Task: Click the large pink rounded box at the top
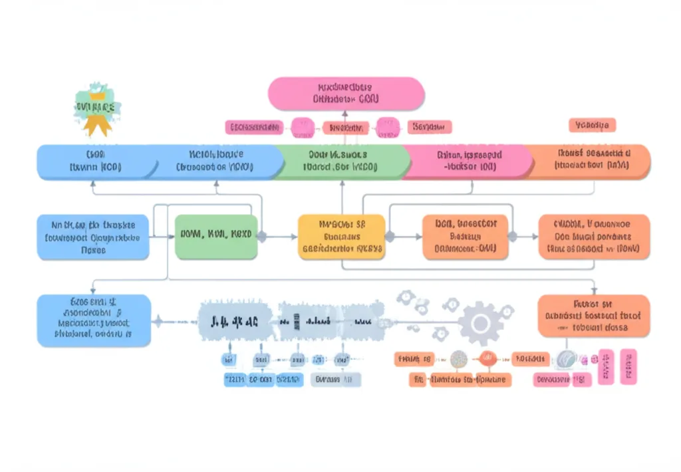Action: pos(346,94)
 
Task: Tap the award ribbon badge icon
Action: pos(97,110)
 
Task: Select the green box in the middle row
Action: pos(216,237)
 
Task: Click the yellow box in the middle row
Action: pos(341,237)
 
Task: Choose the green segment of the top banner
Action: pos(340,162)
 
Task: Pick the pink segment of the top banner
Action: pos(466,162)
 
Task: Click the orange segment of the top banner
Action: pos(592,162)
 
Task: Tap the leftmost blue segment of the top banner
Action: pos(93,162)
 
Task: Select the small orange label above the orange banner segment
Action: pos(593,125)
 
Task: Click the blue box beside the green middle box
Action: pos(93,237)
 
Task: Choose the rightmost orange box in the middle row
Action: pos(593,237)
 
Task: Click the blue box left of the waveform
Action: pos(94,320)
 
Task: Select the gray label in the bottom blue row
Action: pos(336,380)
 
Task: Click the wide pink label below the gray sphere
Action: pos(562,380)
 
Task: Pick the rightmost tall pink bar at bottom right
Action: pos(628,366)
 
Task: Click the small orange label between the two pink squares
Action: pos(346,127)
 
